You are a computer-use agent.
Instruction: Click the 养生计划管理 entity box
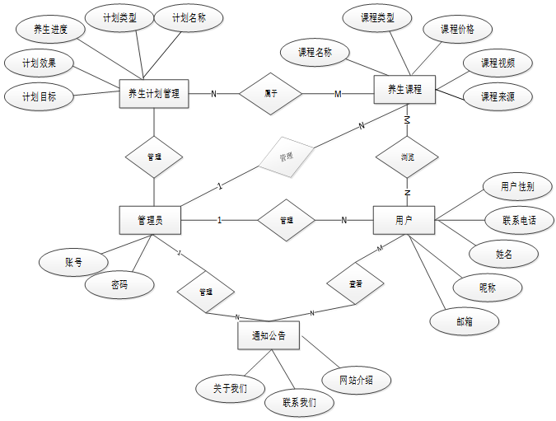154,93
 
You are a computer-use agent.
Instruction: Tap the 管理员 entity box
149,220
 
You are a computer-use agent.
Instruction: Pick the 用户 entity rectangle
404,220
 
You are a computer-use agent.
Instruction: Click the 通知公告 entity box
269,335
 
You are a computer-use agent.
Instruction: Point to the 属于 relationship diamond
270,93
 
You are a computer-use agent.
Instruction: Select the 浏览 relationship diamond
407,156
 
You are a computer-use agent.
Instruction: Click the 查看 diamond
356,283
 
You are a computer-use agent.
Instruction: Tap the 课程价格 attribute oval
457,30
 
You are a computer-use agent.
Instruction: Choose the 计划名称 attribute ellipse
189,18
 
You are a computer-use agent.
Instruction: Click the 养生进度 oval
49,30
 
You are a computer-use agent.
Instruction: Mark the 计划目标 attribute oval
38,96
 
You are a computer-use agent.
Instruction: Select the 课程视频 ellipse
496,63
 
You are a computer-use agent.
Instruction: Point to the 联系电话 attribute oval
507,220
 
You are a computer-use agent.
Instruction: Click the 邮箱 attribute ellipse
465,321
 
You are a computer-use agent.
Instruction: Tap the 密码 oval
119,285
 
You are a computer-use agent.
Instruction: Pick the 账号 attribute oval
73,263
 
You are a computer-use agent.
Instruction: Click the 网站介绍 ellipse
356,381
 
